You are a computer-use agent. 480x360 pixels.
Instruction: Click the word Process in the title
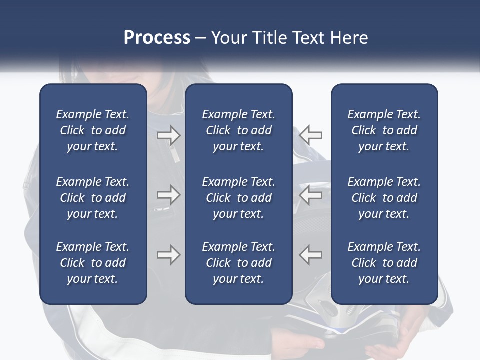157,38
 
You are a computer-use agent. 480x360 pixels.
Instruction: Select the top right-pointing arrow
168,135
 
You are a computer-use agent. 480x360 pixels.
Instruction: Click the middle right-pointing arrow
168,195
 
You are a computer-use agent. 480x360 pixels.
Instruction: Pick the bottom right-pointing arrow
168,255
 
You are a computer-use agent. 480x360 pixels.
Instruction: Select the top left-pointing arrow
311,135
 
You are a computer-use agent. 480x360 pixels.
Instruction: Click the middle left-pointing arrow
311,195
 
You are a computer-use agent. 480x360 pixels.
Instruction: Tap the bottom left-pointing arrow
311,255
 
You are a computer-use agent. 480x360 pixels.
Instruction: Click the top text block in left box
93,130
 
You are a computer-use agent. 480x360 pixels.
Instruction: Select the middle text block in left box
93,198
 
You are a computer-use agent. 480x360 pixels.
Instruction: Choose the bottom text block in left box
93,263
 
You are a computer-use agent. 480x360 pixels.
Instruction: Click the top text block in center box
239,130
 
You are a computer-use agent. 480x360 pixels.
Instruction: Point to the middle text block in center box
239,198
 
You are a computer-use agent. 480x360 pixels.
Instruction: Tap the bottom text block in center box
239,263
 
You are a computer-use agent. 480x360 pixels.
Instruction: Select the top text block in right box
384,130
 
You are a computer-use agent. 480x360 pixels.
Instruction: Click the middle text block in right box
384,198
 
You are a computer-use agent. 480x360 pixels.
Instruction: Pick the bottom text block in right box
384,263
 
